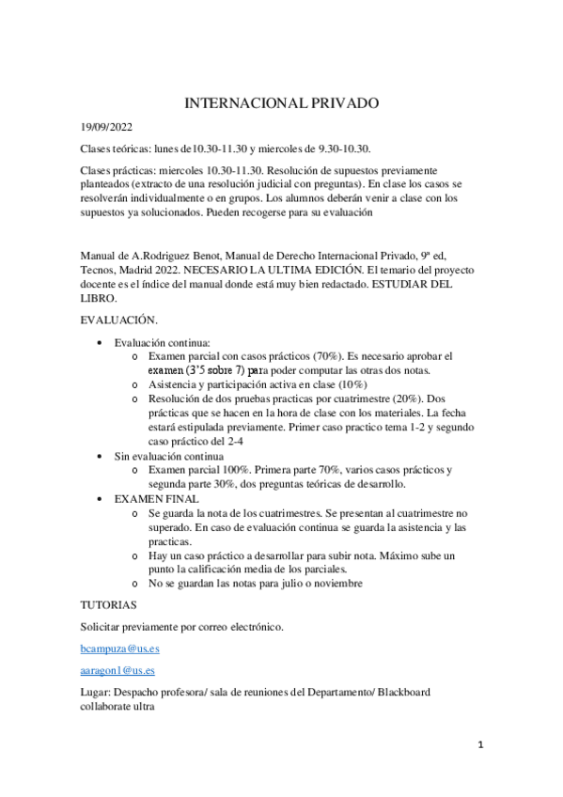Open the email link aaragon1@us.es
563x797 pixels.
point(117,671)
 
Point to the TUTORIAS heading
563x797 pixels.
point(109,604)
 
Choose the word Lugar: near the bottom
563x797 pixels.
point(98,693)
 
